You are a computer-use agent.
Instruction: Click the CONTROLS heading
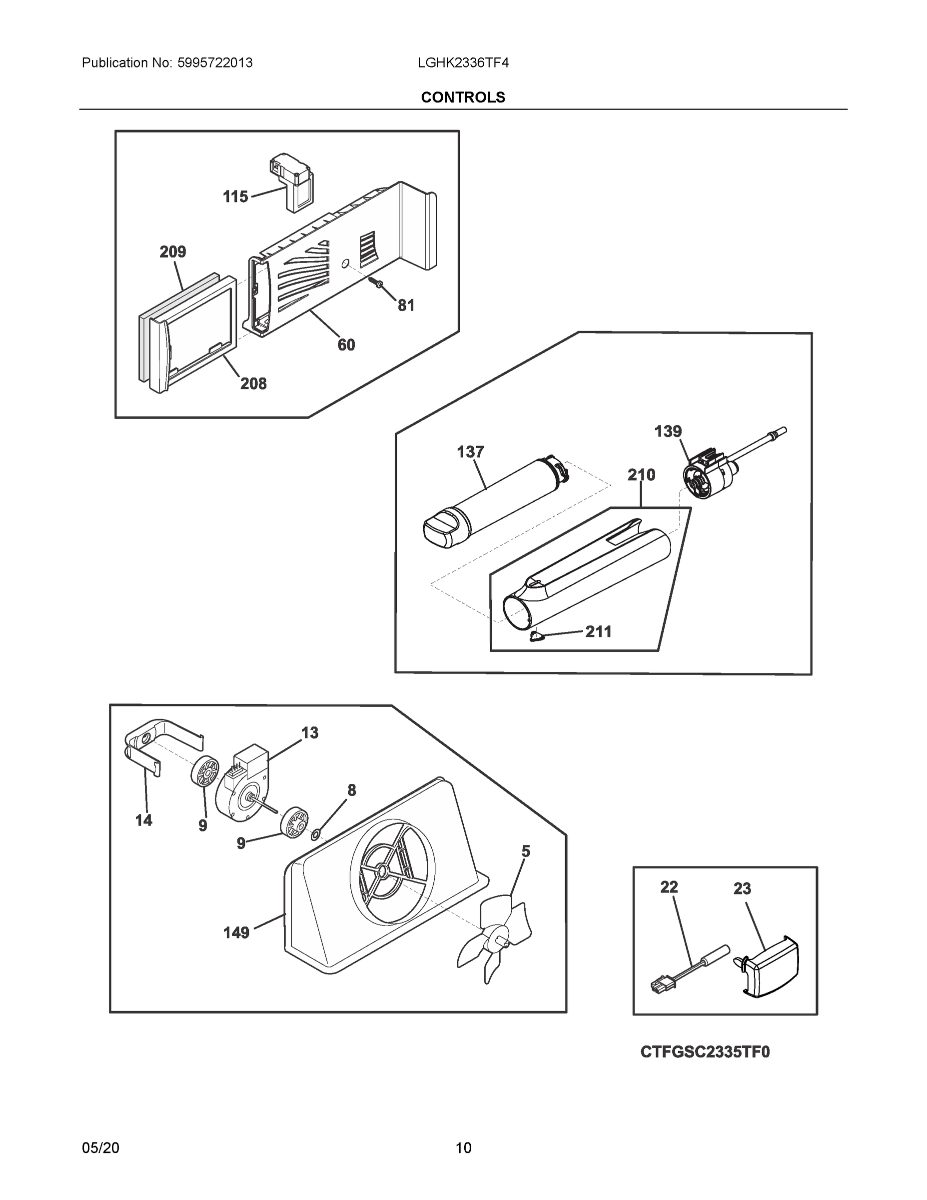(x=463, y=97)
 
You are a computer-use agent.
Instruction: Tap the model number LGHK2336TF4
(x=463, y=63)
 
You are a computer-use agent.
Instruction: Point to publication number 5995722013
(x=215, y=63)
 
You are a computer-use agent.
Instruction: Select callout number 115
(x=235, y=196)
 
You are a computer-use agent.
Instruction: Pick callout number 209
(x=172, y=252)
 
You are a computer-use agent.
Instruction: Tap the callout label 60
(x=346, y=345)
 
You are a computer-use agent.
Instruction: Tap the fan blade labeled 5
(x=496, y=940)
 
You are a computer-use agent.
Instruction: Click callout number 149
(x=236, y=933)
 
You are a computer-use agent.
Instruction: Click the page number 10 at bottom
(x=463, y=1148)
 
